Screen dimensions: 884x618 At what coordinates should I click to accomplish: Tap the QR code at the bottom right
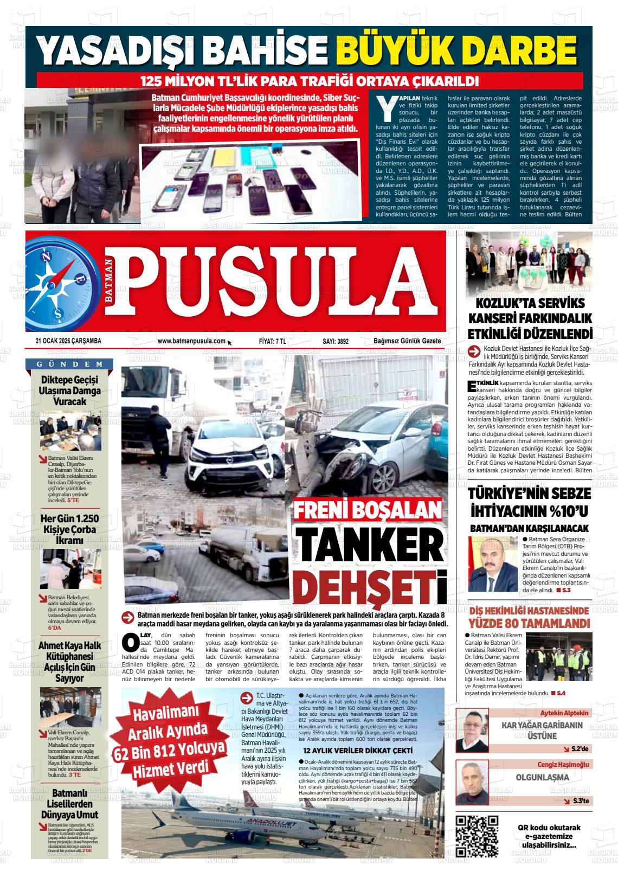476,835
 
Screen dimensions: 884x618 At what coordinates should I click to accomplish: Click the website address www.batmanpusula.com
191,341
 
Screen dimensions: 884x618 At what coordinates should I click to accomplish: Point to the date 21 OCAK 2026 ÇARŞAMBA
69,341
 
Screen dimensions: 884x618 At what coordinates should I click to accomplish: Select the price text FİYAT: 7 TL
273,341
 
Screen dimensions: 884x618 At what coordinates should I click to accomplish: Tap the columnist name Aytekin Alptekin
564,713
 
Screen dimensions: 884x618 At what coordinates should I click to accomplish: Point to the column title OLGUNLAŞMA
535,777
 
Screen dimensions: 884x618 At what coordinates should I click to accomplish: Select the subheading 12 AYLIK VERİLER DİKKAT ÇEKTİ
358,751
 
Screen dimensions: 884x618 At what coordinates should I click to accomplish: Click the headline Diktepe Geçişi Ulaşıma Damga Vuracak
69,390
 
